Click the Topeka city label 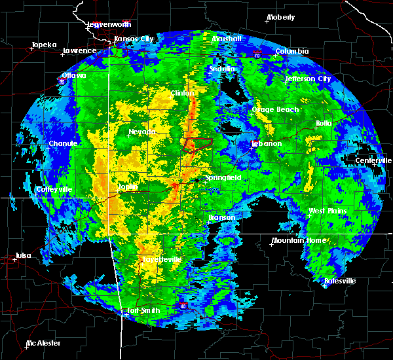tap(44, 45)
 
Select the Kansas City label tap(134, 39)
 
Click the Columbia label tap(291, 51)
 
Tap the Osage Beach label tap(275, 109)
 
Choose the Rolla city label tap(324, 123)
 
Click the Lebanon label tap(267, 143)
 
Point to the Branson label tap(221, 217)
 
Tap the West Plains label tap(327, 211)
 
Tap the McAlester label tap(43, 343)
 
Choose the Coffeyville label tap(54, 189)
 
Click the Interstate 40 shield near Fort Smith tap(183, 306)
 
